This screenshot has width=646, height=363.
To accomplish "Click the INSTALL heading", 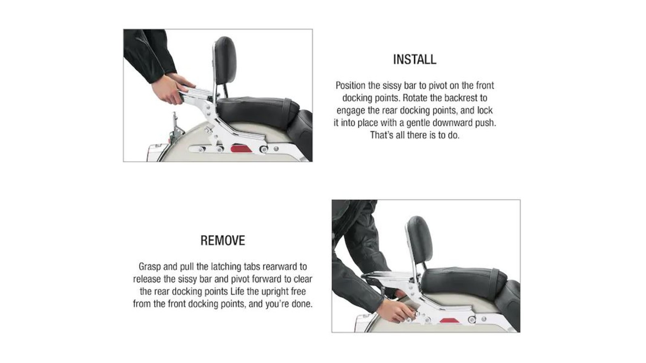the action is [x=415, y=59].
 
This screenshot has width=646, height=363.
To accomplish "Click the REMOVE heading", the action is [x=222, y=240].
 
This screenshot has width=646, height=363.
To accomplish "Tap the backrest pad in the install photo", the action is [x=225, y=60].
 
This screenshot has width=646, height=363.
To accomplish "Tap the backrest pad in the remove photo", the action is [x=420, y=240].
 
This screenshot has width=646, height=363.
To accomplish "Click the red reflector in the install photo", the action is [x=241, y=149].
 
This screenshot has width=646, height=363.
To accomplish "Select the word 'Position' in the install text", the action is [x=350, y=86].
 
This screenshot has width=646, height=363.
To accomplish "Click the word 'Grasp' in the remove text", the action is [x=150, y=267].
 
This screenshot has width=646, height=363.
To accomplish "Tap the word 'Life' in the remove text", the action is [x=237, y=291].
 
